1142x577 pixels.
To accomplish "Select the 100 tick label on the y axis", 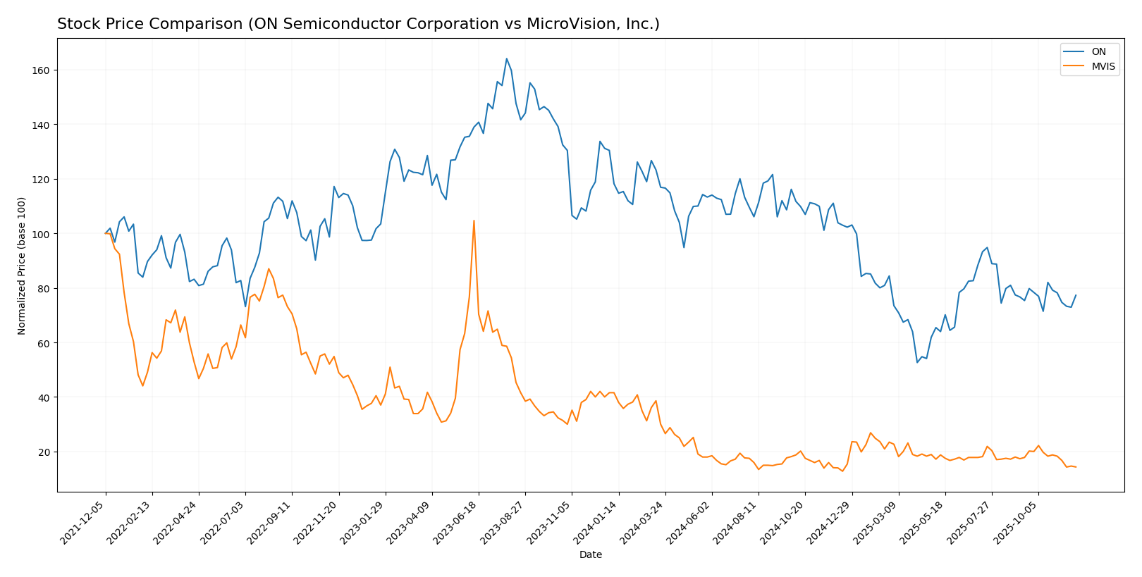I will [43, 234].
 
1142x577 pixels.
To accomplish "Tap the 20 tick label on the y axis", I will [46, 452].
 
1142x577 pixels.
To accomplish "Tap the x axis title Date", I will [590, 555].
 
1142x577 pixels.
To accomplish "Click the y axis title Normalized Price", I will [22, 266].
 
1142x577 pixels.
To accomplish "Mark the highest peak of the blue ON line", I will [506, 58].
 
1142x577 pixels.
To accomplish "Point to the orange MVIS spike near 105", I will [474, 221].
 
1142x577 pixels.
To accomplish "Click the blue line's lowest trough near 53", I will [917, 362].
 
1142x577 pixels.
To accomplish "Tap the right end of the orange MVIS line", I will [1076, 467].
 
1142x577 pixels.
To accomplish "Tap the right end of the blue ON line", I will [1076, 295].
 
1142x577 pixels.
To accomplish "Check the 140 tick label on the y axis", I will [43, 125].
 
